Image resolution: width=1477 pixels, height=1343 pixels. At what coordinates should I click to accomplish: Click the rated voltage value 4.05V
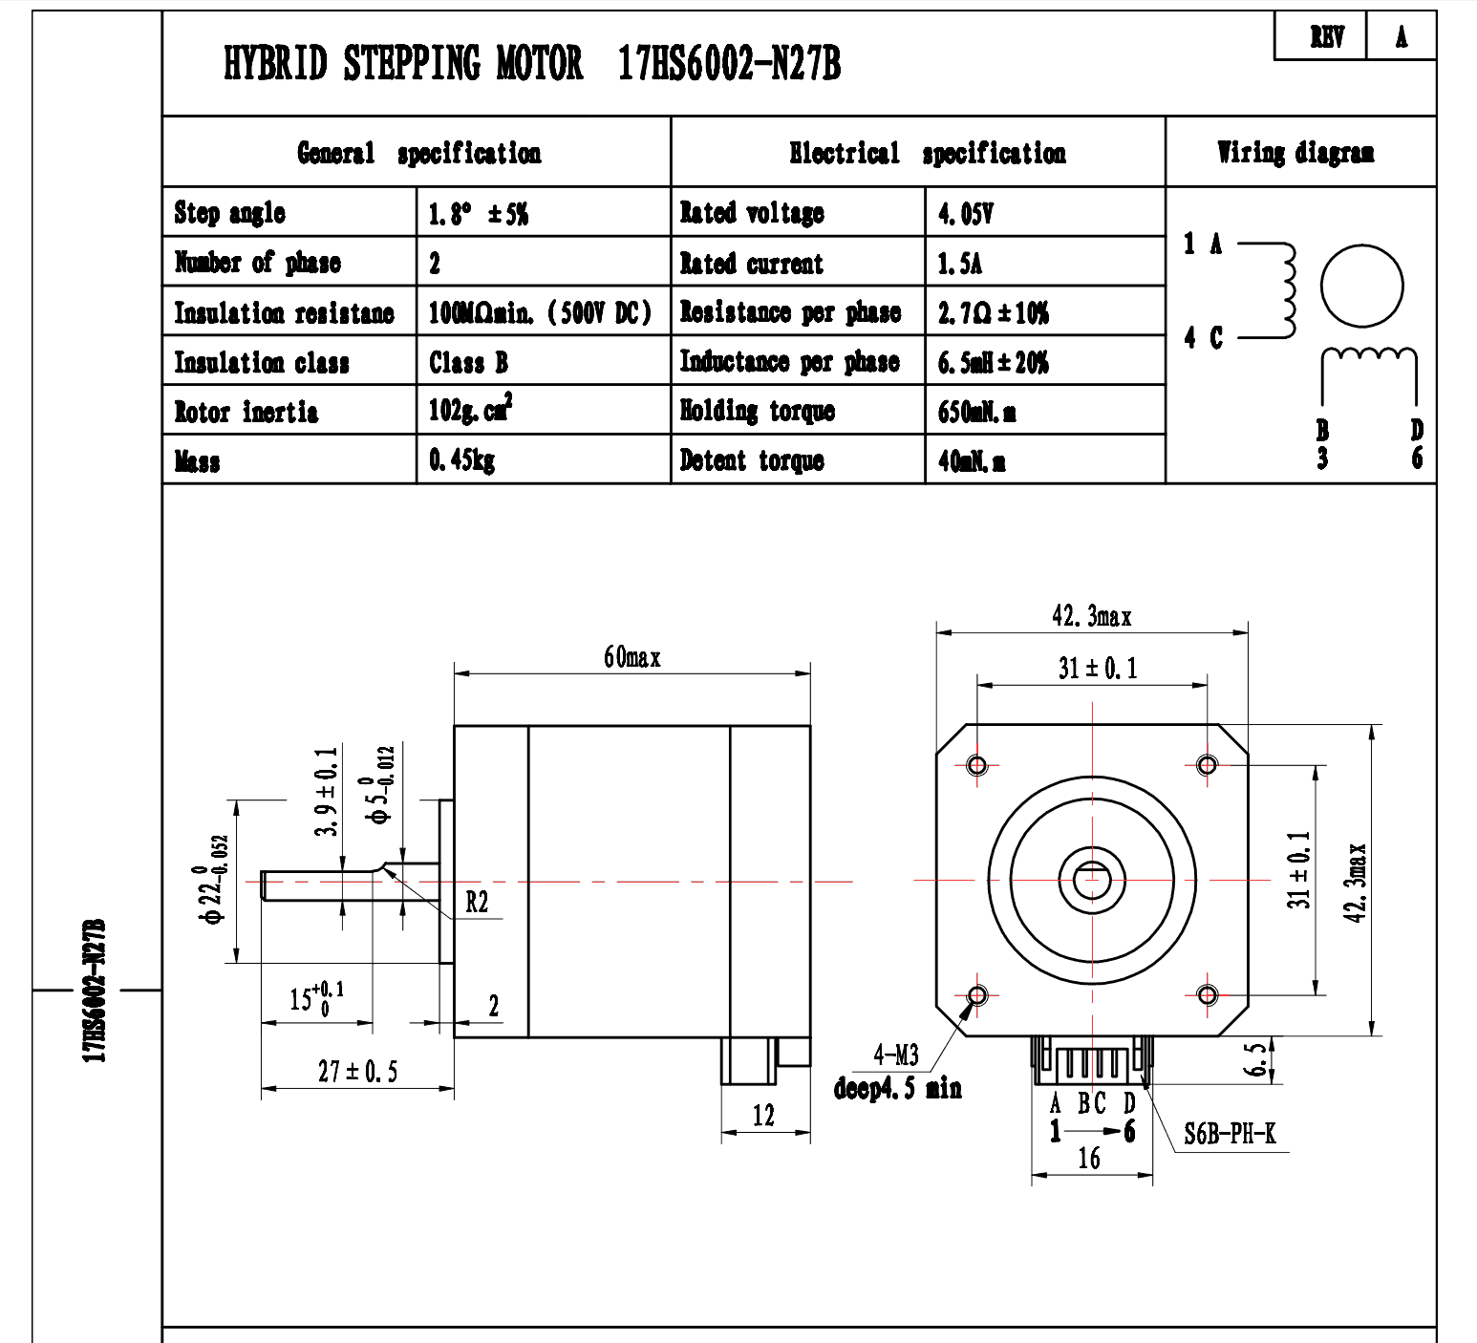point(965,213)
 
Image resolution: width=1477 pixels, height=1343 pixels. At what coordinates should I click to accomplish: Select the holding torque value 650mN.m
point(976,412)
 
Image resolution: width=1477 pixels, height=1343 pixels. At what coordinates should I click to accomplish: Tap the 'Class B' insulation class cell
point(468,362)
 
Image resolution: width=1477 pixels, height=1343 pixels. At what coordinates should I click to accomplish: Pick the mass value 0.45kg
point(461,461)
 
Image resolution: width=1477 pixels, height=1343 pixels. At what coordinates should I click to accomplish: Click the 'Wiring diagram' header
point(1295,153)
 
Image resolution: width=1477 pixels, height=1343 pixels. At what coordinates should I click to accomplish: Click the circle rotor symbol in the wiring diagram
point(1361,286)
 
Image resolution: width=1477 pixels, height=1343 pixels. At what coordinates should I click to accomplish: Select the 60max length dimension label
point(631,657)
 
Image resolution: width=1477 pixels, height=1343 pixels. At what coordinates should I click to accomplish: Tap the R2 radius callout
point(477,902)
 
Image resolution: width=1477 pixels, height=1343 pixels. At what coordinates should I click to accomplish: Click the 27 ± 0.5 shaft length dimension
point(357,1072)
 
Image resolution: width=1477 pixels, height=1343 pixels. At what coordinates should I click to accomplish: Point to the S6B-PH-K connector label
point(1230,1134)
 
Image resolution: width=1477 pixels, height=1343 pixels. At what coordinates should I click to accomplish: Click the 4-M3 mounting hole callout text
point(896,1055)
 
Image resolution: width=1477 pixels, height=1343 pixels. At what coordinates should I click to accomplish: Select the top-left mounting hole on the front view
point(977,765)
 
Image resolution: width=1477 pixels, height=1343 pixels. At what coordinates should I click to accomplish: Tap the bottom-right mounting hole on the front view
point(1208,995)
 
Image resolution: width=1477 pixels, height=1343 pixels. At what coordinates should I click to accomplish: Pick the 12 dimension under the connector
point(763,1116)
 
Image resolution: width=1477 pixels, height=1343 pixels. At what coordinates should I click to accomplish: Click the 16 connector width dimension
point(1089,1159)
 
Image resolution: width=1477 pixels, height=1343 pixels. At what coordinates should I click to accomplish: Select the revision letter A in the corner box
point(1402,37)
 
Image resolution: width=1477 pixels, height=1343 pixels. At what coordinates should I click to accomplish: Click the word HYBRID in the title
point(275,64)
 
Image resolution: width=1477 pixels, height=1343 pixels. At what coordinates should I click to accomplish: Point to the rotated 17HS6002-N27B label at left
point(95,991)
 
